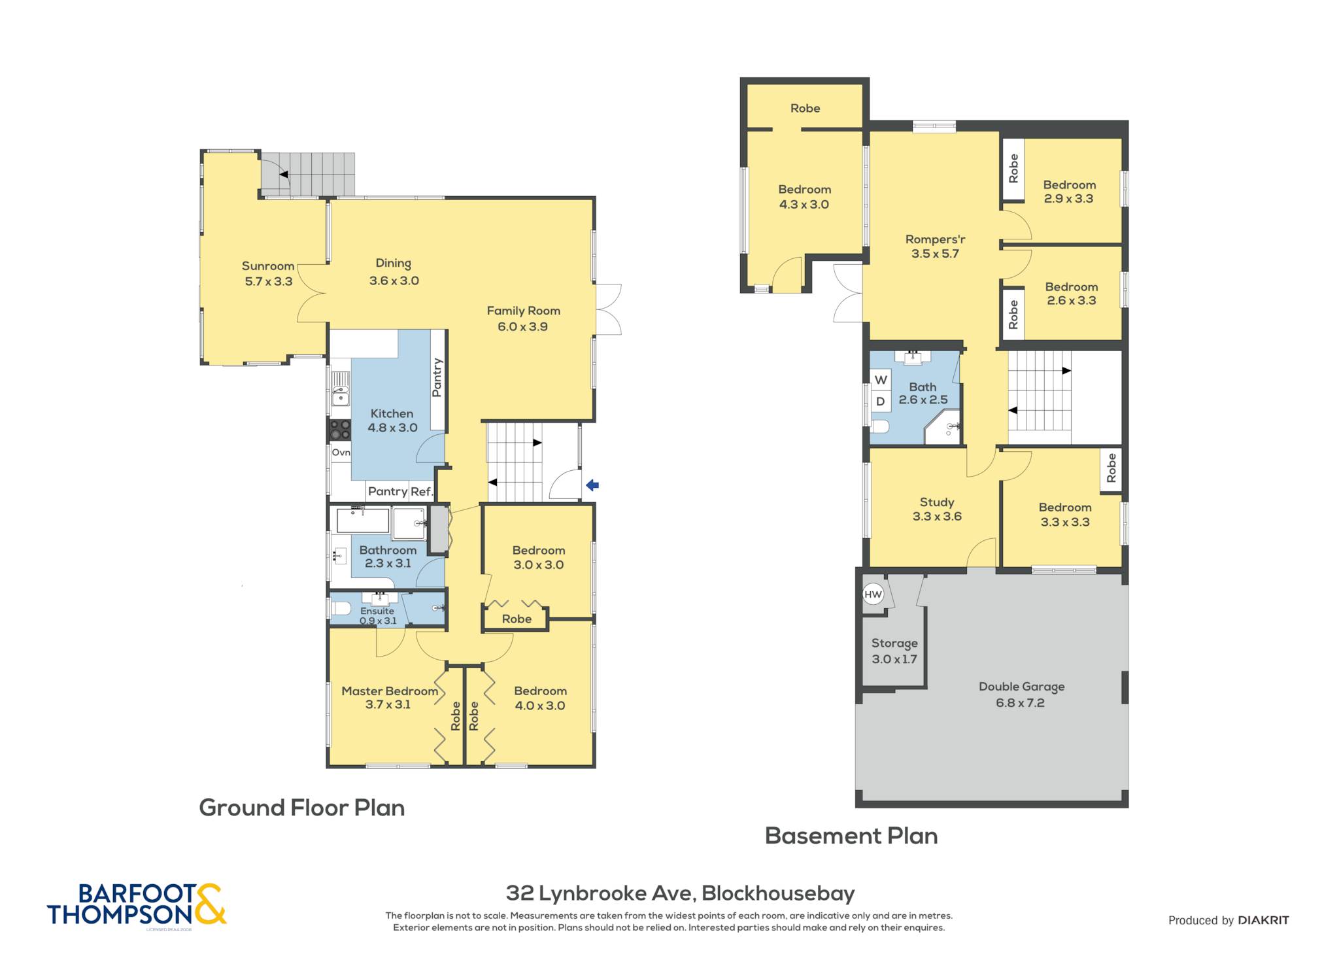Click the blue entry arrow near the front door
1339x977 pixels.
[x=592, y=485]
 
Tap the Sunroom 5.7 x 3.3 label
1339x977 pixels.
[x=268, y=273]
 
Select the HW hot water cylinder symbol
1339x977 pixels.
[x=873, y=594]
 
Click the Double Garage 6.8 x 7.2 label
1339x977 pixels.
[x=1021, y=694]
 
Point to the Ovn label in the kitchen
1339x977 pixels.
[x=341, y=453]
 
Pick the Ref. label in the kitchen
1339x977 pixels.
[x=422, y=492]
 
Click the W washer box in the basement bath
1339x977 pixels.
[x=881, y=380]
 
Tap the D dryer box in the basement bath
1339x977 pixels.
[x=881, y=402]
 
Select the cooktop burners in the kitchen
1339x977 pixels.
[x=339, y=430]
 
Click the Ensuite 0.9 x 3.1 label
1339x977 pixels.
[x=378, y=616]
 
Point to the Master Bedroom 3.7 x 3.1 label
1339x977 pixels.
[x=389, y=698]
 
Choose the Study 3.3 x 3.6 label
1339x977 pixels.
[x=937, y=509]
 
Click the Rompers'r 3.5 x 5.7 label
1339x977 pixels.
[x=935, y=247]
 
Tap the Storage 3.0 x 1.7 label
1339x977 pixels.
[x=894, y=651]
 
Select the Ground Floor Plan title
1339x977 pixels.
[x=302, y=808]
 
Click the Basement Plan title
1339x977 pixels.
[x=851, y=836]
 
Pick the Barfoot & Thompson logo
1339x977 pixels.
[x=137, y=904]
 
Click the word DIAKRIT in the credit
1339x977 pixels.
[x=1264, y=920]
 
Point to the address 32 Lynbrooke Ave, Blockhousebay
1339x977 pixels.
[x=681, y=893]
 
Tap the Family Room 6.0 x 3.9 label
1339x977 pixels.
[x=523, y=318]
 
